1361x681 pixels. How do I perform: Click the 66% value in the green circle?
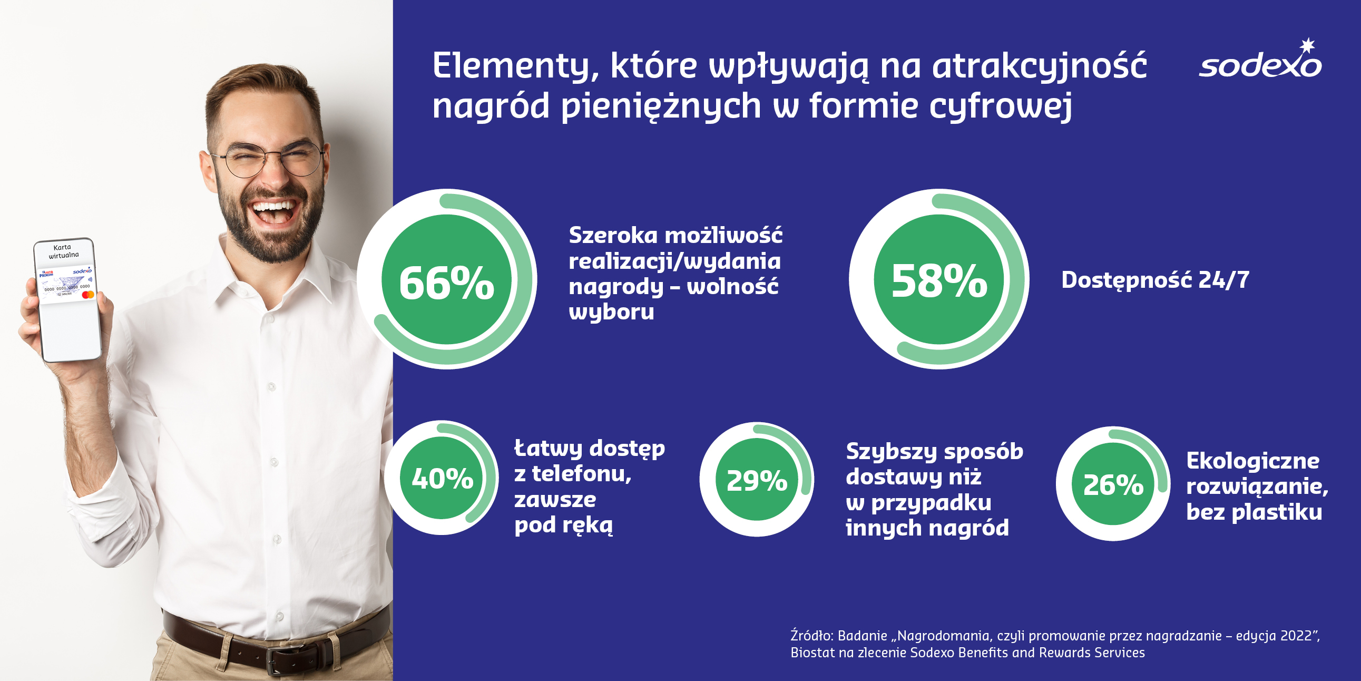[446, 283]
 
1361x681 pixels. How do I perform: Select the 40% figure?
[442, 479]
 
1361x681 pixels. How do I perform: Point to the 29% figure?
[757, 481]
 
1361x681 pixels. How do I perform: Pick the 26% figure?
[1113, 485]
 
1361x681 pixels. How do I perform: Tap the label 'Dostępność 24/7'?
[1156, 280]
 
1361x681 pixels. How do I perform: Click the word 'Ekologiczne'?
[1252, 461]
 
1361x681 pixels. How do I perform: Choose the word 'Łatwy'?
[547, 449]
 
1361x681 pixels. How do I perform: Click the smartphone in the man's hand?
[67, 300]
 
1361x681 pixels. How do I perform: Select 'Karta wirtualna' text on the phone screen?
[63, 251]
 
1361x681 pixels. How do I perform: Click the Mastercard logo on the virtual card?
[88, 295]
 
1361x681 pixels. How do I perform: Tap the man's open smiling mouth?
[273, 210]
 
